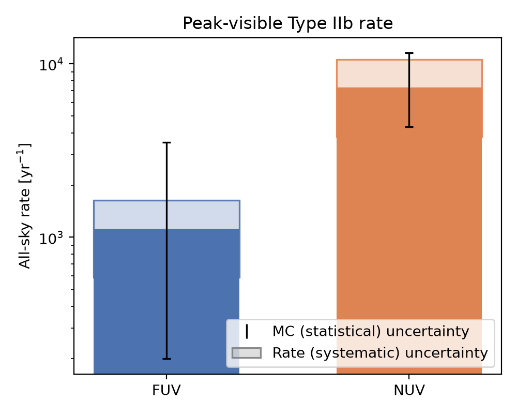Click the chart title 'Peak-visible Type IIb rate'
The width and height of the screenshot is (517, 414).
click(287, 24)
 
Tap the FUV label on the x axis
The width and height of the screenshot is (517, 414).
click(166, 390)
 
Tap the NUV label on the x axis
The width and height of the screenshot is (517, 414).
click(409, 390)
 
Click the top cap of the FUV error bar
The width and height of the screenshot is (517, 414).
click(166, 143)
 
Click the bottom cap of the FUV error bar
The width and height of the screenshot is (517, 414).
click(166, 359)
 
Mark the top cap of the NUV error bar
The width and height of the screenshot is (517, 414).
click(409, 53)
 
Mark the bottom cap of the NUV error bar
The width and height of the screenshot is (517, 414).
click(409, 127)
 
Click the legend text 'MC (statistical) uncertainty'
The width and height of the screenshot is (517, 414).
click(371, 331)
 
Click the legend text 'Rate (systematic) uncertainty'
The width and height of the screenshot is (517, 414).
click(380, 353)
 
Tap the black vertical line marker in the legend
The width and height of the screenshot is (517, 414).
click(247, 332)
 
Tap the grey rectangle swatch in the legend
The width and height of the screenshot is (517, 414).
click(247, 353)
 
